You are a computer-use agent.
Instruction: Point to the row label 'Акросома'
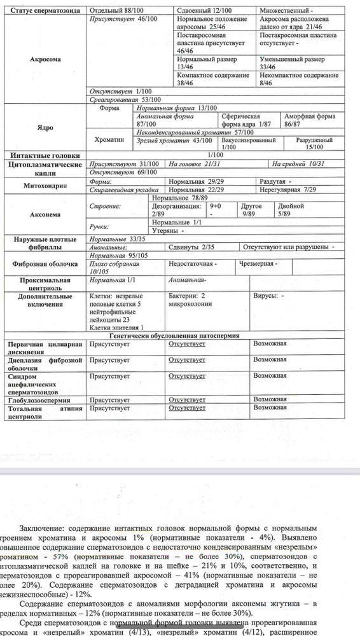[x=45, y=59]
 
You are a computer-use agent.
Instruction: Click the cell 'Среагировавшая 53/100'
[x=118, y=99]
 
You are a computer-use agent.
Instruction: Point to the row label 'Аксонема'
[x=45, y=215]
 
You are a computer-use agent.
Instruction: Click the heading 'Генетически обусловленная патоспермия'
[x=179, y=335]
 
